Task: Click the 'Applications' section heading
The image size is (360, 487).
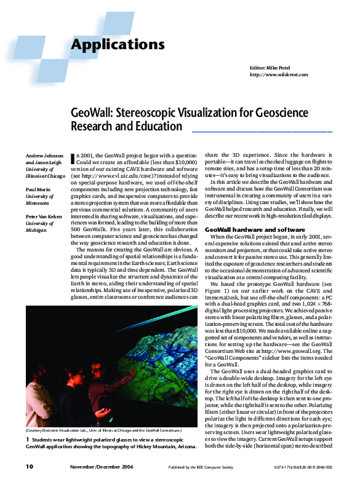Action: click(118, 44)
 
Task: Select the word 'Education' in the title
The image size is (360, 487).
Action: click(159, 127)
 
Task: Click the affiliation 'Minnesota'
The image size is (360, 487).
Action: click(39, 202)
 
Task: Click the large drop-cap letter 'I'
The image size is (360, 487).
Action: click(74, 159)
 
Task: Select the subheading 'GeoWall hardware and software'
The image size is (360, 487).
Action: click(242, 229)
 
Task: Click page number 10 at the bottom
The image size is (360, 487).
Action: click(30, 467)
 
